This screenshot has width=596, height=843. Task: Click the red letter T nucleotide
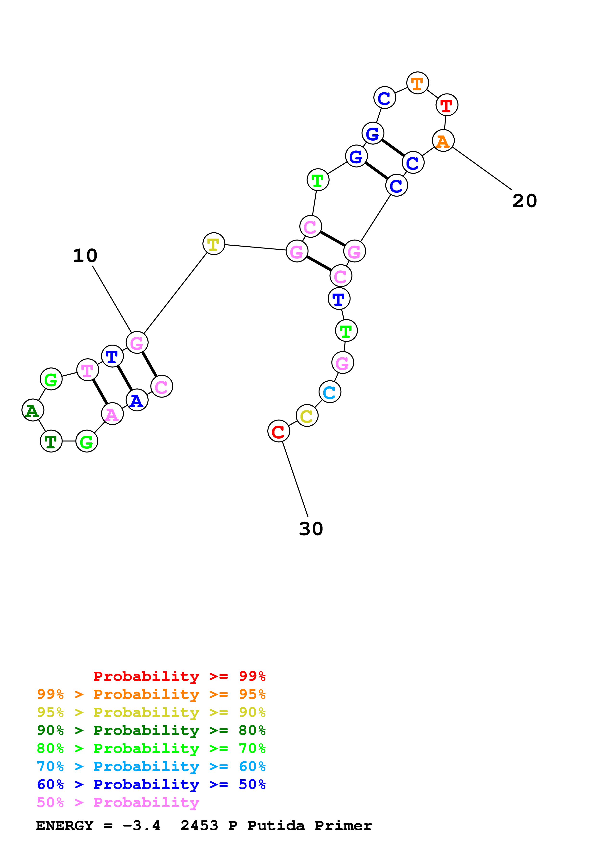point(446,105)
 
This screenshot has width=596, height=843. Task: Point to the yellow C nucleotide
point(307,416)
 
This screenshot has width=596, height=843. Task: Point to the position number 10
point(85,255)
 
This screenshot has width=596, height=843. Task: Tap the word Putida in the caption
point(276,825)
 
